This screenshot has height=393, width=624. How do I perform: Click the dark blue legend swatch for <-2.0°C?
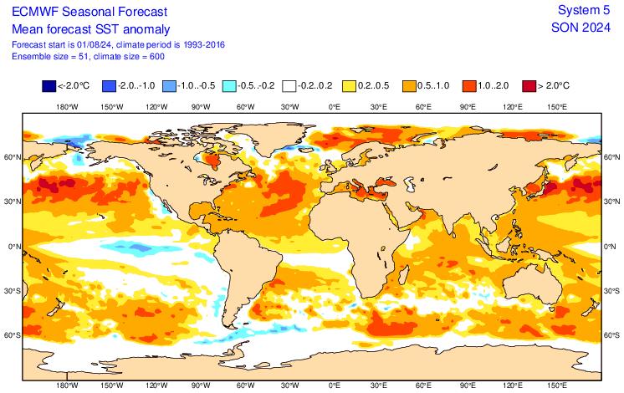tap(49, 84)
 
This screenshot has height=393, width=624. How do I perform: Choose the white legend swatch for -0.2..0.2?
tap(289, 84)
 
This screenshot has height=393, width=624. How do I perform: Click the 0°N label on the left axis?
tap(12, 247)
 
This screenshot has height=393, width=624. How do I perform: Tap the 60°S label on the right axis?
tap(612, 335)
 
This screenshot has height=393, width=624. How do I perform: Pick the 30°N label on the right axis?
tap(612, 202)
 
